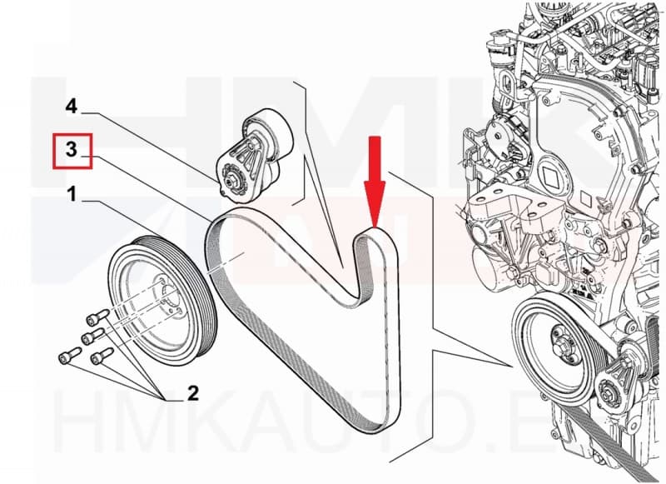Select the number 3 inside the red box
[72, 150]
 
